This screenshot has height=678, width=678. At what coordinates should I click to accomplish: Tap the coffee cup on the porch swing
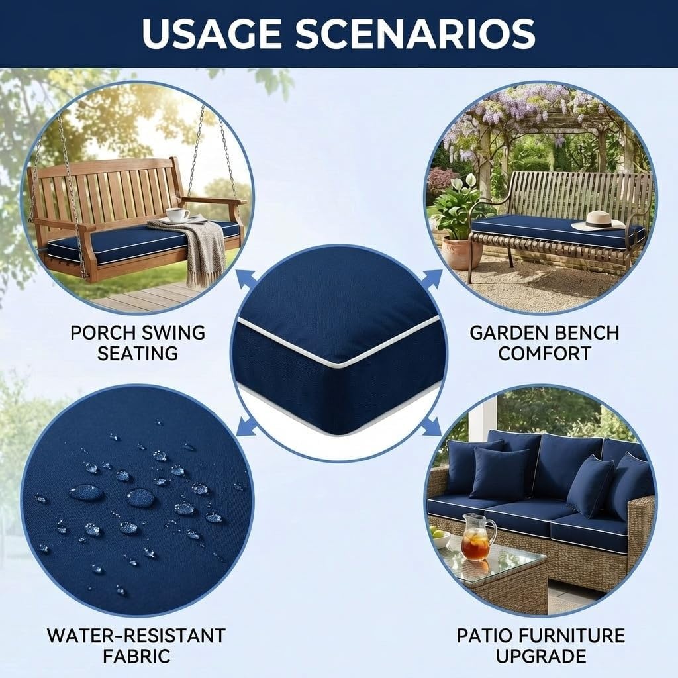[177, 215]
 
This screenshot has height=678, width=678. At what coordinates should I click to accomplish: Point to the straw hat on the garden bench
[599, 221]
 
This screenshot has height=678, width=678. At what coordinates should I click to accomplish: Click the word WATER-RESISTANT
[136, 636]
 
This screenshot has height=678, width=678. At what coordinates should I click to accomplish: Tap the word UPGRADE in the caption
[542, 656]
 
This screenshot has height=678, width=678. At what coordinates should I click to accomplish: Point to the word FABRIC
[136, 656]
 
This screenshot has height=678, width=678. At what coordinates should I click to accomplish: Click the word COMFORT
[544, 353]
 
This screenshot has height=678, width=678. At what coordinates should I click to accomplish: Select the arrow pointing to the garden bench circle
[433, 279]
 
